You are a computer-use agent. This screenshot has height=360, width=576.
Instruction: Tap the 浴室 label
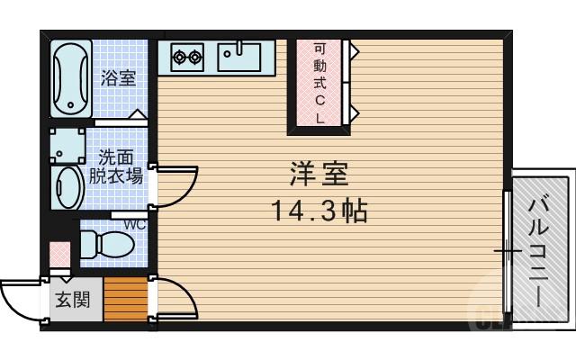118,77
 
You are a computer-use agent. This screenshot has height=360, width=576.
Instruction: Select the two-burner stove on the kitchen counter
186,58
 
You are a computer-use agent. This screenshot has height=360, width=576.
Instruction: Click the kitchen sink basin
238,57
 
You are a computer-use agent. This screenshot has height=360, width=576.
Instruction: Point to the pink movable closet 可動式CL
321,83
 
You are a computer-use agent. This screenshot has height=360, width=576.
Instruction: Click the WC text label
135,224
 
